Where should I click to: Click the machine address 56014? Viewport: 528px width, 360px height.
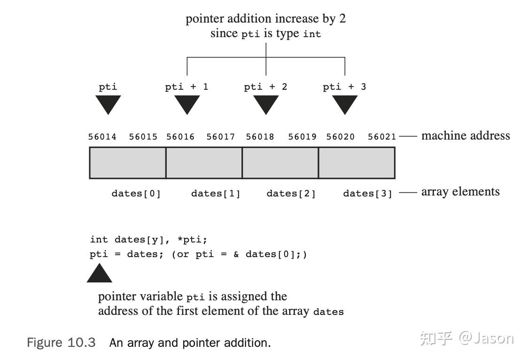(102, 137)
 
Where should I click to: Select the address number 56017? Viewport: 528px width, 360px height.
(220, 137)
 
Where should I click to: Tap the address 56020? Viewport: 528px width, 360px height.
(341, 137)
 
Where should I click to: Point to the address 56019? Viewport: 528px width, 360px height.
(302, 137)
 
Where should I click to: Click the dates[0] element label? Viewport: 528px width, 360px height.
(136, 194)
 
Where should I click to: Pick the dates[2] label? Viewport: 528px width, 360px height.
(291, 194)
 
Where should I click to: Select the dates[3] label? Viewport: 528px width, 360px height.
(367, 194)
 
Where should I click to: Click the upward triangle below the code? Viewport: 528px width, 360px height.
(100, 274)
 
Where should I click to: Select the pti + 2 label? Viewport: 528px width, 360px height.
(265, 87)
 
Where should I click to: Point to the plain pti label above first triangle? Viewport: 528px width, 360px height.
(108, 87)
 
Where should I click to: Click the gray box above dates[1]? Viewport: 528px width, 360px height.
(204, 163)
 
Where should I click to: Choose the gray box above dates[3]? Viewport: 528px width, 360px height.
(357, 163)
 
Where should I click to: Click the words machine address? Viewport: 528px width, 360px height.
(465, 136)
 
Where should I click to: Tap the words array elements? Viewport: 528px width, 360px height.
(460, 192)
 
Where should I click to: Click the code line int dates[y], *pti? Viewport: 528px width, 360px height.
(148, 240)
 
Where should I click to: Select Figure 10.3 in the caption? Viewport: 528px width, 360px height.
(61, 343)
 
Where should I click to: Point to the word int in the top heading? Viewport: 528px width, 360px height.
(312, 34)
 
